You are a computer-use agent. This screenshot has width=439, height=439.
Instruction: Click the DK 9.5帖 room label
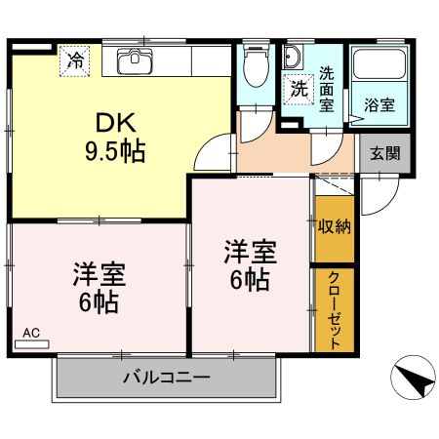pyautogui.click(x=118, y=137)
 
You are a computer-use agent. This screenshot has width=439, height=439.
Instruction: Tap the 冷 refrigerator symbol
pyautogui.click(x=75, y=60)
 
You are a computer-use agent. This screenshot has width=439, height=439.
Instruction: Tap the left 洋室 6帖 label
pyautogui.click(x=98, y=285)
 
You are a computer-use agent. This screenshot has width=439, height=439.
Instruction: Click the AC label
pyautogui.click(x=31, y=333)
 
